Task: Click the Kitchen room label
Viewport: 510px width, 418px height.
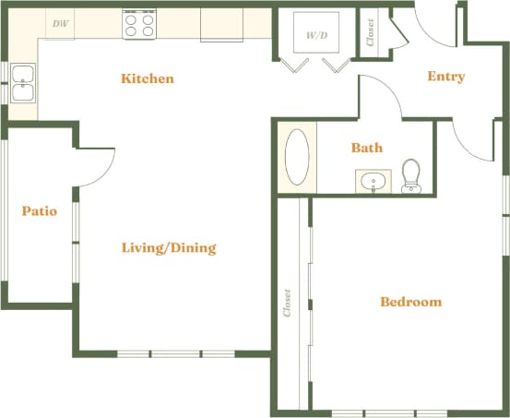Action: pos(147,78)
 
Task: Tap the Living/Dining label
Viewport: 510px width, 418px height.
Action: pos(169,247)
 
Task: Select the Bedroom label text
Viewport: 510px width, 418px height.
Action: pos(410,302)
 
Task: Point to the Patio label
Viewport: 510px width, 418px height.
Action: pos(39,211)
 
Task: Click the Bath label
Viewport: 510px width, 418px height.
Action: pos(366,148)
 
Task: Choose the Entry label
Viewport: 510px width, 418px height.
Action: pos(445,77)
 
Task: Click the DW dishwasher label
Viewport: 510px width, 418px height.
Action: pos(60,24)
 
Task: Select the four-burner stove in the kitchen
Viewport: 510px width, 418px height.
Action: pos(139,24)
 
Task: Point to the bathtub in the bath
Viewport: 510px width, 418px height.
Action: pos(297,158)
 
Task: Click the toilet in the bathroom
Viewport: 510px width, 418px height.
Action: pos(411,176)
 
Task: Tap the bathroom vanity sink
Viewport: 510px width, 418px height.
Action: pos(374,181)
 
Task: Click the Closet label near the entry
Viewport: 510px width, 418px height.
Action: pos(371,34)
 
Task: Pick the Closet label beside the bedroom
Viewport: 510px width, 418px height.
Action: pos(288,303)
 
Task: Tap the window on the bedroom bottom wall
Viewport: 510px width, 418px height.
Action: pos(388,412)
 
